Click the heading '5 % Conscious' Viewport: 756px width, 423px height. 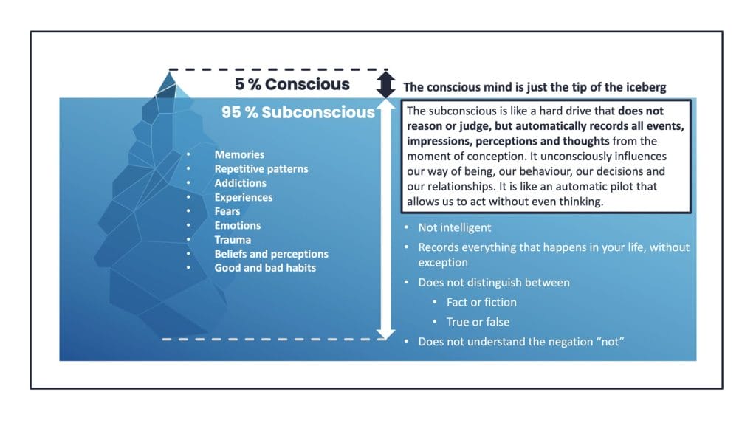[292, 84]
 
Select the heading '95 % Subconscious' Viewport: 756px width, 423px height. [298, 112]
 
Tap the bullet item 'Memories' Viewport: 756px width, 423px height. [239, 154]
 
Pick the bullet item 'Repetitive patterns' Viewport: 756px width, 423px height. [261, 169]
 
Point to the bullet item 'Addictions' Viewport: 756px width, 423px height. [240, 183]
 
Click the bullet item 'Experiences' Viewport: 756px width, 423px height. [244, 197]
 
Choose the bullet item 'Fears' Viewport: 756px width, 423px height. [227, 211]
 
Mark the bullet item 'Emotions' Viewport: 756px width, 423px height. [237, 225]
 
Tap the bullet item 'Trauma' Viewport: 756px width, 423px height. [233, 240]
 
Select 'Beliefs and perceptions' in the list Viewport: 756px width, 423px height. [272, 254]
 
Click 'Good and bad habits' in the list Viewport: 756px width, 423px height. [265, 268]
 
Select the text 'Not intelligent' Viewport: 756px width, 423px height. [455, 227]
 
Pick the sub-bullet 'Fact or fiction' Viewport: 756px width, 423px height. [481, 303]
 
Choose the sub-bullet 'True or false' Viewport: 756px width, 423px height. [478, 322]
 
